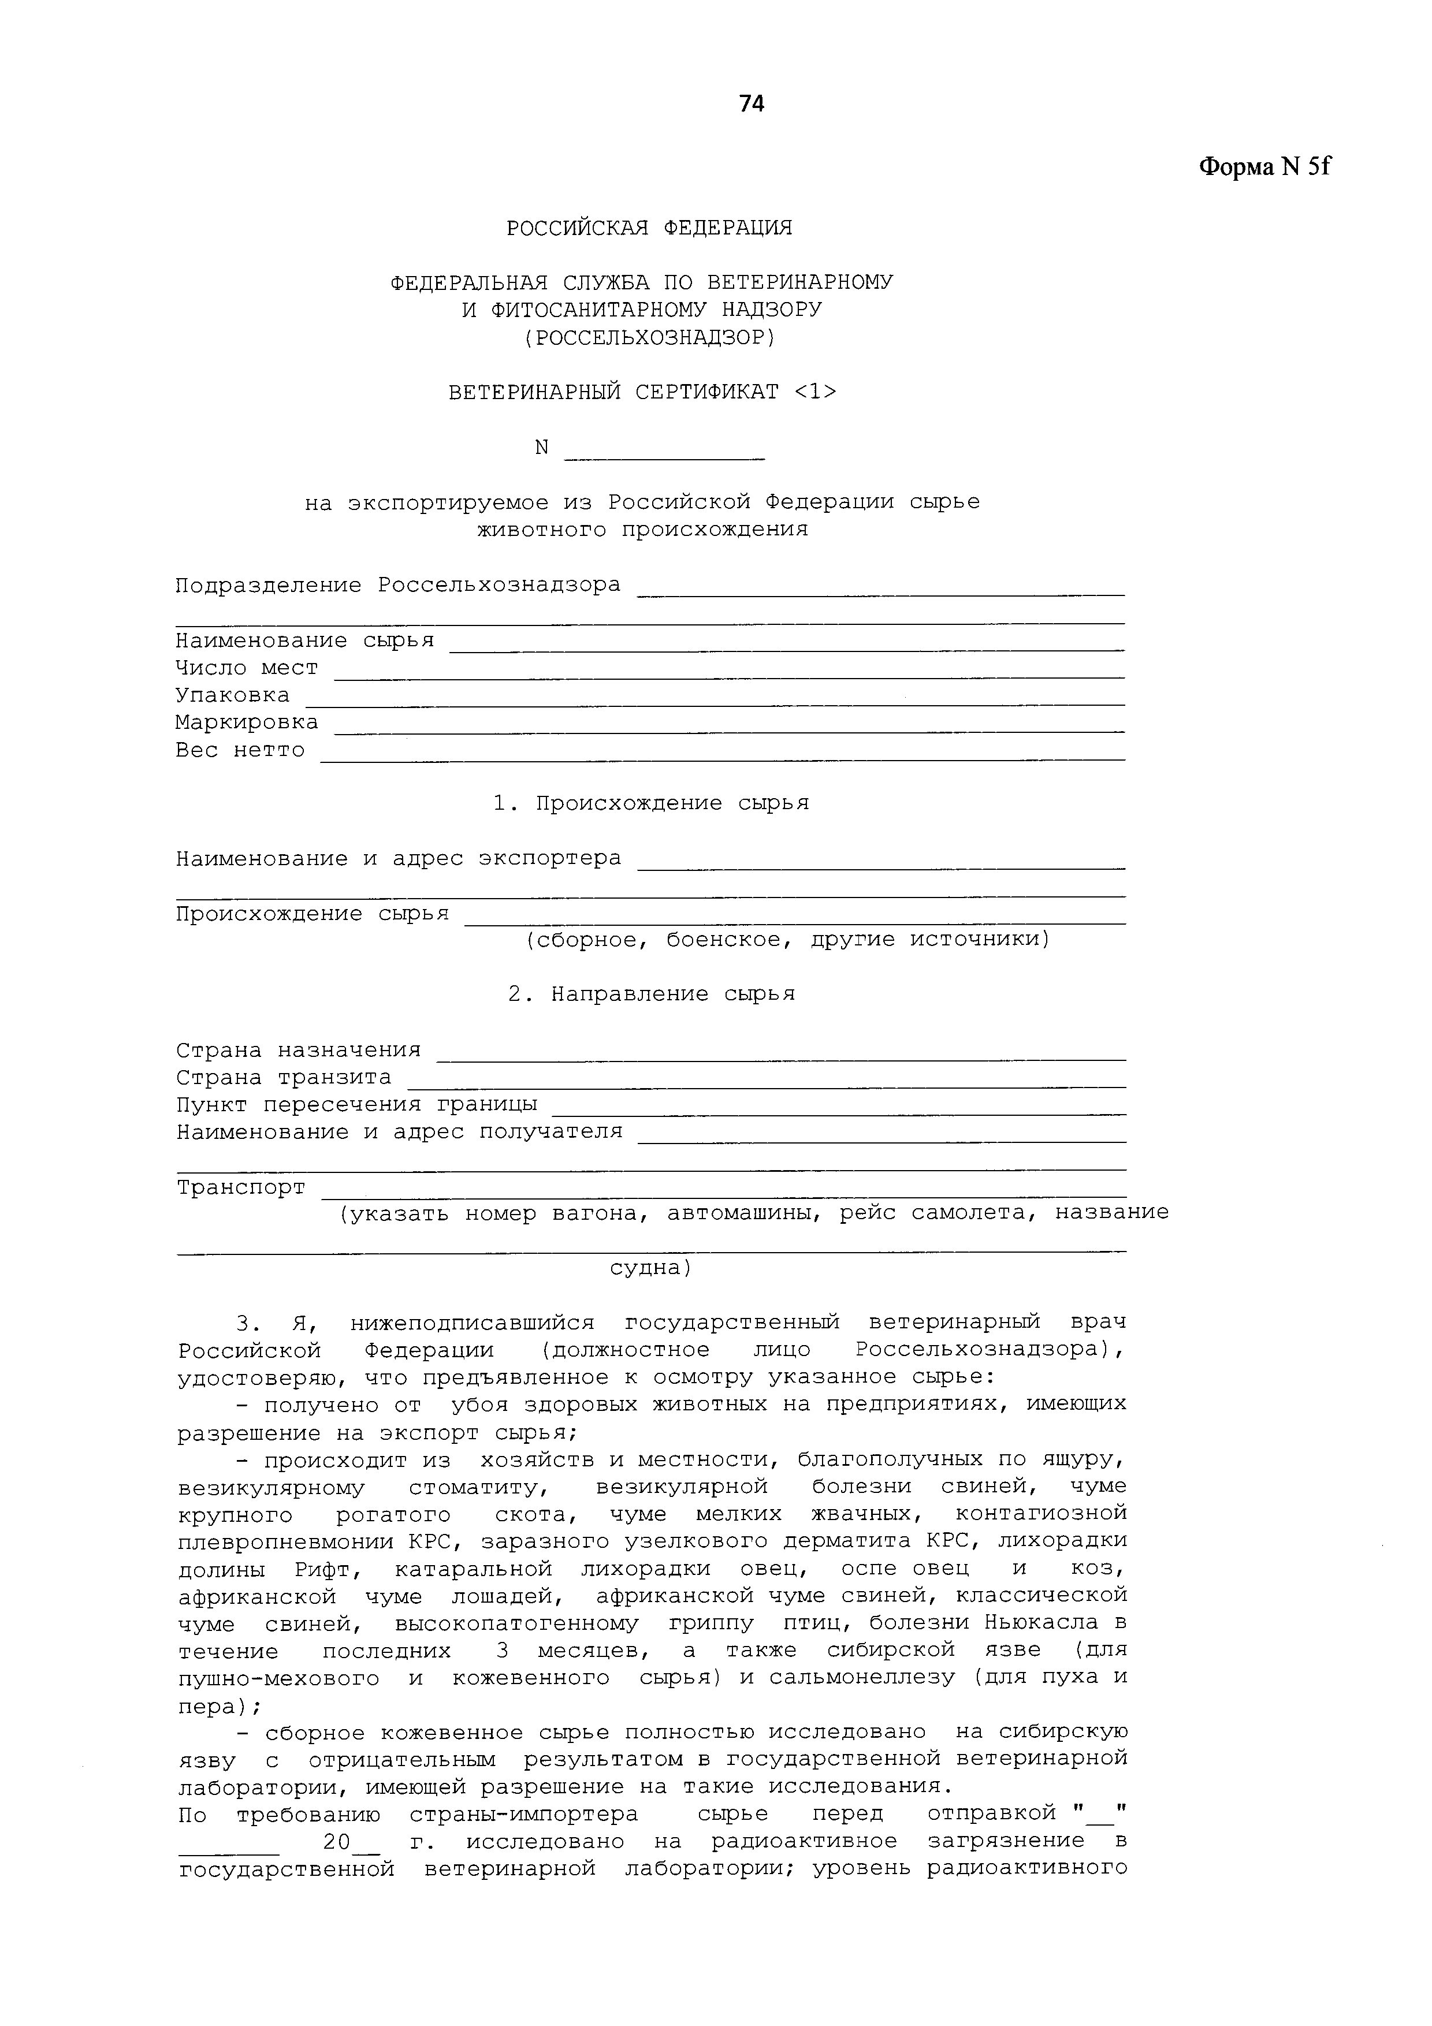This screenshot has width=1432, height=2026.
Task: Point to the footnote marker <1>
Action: point(815,392)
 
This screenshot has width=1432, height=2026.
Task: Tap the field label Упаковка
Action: point(232,695)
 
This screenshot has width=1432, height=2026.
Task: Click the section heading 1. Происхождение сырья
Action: point(651,804)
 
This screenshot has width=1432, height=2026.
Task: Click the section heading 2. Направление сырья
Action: point(651,995)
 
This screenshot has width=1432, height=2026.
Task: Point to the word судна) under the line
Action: point(651,1268)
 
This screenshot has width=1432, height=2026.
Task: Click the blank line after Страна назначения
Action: point(782,1056)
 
